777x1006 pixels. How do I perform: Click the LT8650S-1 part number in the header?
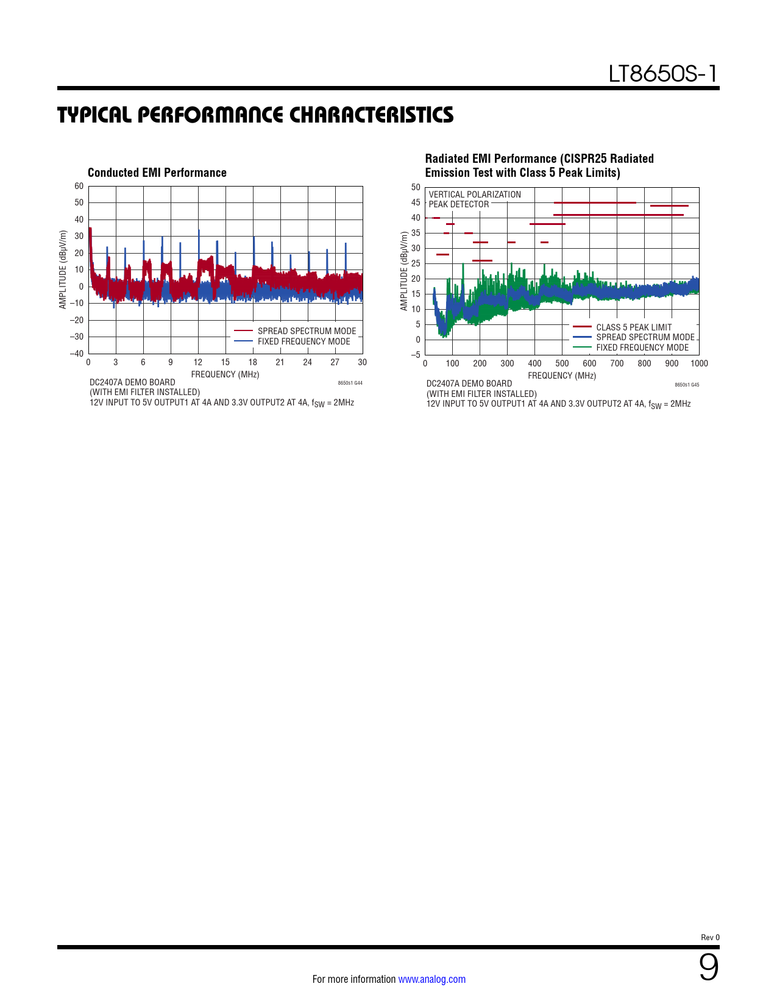click(662, 74)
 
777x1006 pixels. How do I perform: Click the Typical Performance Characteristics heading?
click(255, 115)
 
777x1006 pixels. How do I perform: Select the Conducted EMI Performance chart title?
click(157, 173)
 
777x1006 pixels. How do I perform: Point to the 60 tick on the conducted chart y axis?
click(79, 187)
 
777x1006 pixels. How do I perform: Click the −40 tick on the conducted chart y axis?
click(77, 354)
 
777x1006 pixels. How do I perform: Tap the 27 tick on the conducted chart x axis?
click(335, 362)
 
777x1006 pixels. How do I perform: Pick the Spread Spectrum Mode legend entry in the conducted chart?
click(306, 331)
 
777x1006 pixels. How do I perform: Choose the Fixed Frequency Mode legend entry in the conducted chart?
click(303, 341)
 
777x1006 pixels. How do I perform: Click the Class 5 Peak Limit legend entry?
click(633, 327)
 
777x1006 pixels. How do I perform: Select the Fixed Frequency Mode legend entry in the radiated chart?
click(642, 348)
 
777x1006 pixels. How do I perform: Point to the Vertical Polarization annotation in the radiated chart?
click(475, 194)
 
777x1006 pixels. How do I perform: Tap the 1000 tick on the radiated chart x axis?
click(699, 363)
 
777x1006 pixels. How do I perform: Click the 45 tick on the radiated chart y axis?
click(416, 202)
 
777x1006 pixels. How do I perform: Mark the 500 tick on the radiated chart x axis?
click(562, 363)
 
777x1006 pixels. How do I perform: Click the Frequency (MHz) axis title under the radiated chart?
click(562, 376)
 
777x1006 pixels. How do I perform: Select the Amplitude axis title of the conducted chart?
click(63, 269)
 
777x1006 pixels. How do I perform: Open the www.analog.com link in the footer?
click(431, 979)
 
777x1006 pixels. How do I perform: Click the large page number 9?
click(708, 968)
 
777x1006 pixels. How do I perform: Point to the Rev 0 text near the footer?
click(710, 937)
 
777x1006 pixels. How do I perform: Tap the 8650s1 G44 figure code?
click(350, 383)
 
